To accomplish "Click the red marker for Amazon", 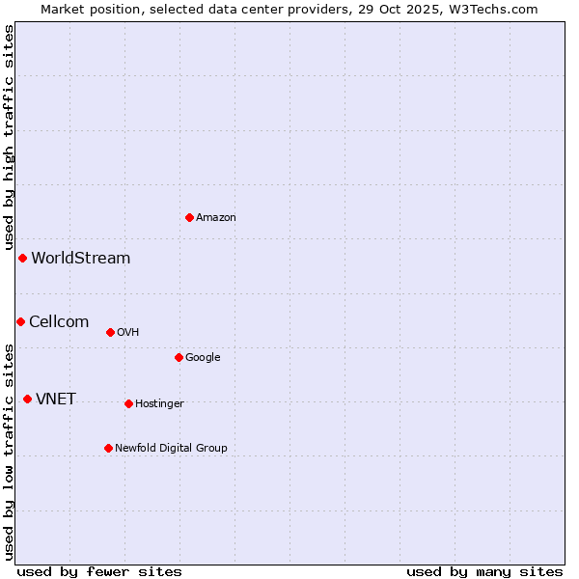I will tap(189, 217).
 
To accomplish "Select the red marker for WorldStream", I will tap(22, 258).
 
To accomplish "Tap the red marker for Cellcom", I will tap(20, 321).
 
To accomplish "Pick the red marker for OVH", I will tap(110, 332).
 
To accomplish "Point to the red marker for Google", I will tap(179, 357).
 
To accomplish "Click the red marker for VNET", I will tap(27, 399).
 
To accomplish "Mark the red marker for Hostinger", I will tap(128, 403).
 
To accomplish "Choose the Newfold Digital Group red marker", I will tap(108, 448).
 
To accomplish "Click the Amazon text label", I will tap(216, 218).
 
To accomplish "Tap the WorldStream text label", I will tap(81, 259).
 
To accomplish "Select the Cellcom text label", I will tap(59, 322).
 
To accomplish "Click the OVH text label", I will tap(128, 333).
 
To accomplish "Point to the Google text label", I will tap(203, 358).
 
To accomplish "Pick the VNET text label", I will tap(56, 400).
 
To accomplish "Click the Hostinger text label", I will tap(159, 404).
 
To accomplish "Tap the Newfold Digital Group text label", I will tap(171, 449).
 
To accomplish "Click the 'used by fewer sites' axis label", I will tap(99, 571).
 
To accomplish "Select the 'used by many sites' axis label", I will tap(484, 571).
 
